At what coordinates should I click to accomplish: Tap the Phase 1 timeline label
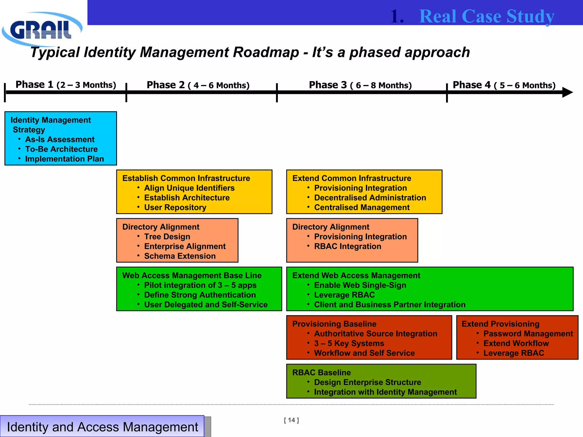click(x=66, y=85)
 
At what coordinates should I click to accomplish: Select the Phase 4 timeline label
click(x=504, y=85)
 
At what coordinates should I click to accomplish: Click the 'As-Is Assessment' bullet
click(x=60, y=139)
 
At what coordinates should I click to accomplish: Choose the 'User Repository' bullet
click(x=175, y=207)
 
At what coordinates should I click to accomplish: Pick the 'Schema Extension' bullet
click(x=180, y=256)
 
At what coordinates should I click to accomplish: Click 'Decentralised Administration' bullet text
click(x=370, y=198)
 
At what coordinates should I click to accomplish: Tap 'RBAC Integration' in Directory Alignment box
click(x=347, y=246)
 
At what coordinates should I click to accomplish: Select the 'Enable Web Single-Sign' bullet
click(x=360, y=285)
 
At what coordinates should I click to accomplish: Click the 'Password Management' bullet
click(x=528, y=334)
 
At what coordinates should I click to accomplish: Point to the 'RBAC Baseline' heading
click(x=321, y=372)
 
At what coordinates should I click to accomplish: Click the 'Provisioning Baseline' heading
click(x=334, y=324)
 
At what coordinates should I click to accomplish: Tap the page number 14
click(x=291, y=420)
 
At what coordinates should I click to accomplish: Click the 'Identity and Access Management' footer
click(x=102, y=427)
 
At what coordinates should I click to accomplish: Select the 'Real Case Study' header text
click(x=487, y=16)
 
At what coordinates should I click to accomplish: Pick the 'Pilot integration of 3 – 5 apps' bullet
click(x=200, y=285)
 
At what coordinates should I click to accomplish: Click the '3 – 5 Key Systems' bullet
click(x=349, y=343)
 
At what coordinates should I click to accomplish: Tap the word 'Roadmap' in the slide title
click(x=266, y=52)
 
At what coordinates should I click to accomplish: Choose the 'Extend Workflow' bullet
click(x=516, y=343)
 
